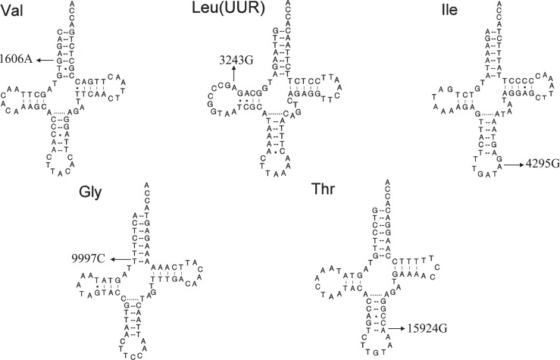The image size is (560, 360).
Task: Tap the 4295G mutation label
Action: click(539, 163)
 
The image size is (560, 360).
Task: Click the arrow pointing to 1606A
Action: click(49, 59)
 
